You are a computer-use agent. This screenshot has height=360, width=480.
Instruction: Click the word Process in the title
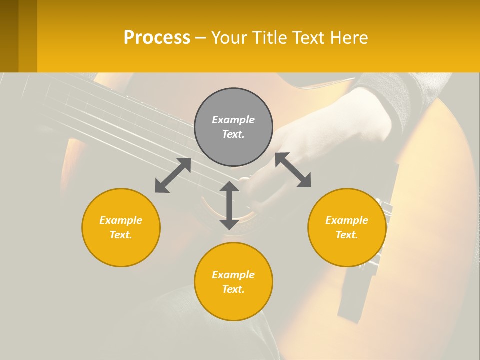(157, 38)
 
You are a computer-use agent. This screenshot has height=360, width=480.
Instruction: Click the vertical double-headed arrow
(229, 205)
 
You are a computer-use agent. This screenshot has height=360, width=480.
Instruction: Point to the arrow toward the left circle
(173, 175)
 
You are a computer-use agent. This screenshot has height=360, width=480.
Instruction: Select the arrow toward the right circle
(293, 170)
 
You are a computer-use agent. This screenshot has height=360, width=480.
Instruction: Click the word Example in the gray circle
(233, 120)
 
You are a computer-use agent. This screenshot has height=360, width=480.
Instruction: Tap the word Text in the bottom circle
(233, 289)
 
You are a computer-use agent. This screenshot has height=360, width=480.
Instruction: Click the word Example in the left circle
(121, 220)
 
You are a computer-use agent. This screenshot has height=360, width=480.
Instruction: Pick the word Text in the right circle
(347, 235)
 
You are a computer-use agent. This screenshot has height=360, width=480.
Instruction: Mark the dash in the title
(201, 38)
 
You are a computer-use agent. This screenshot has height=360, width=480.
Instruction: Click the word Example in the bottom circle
(233, 275)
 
